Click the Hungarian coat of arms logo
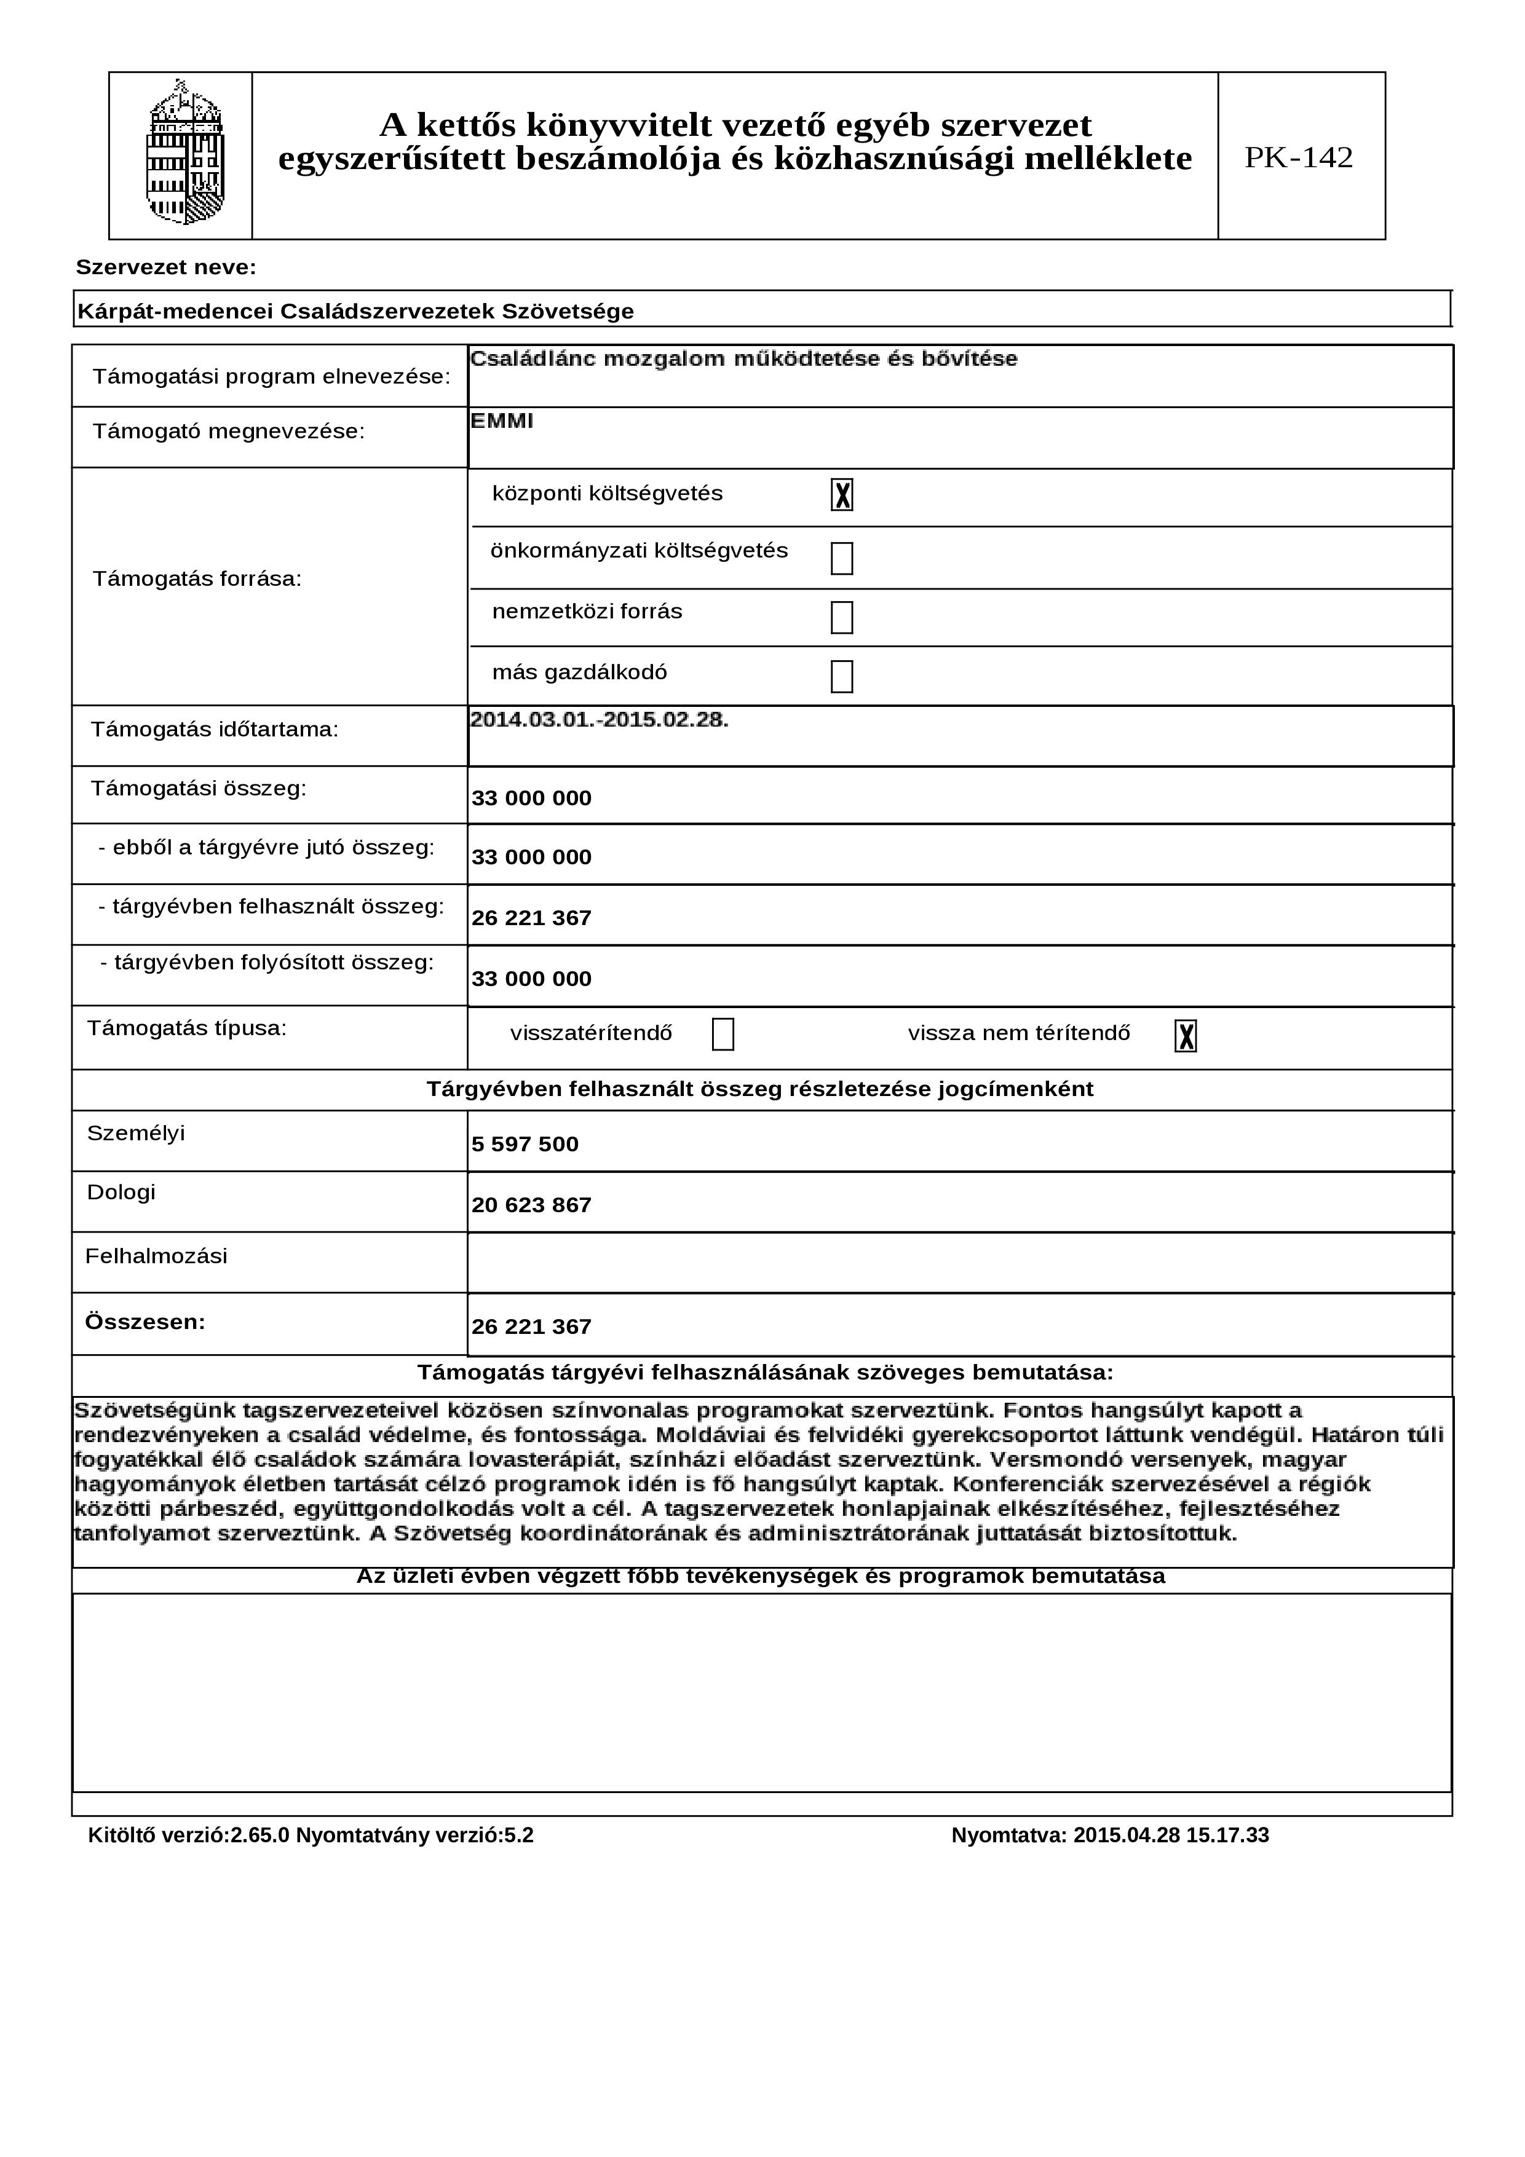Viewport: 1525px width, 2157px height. coord(184,153)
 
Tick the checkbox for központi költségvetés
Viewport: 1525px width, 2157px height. coord(841,495)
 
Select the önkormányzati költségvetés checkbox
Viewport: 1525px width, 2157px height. coord(841,558)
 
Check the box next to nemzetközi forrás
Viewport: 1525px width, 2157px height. coord(841,617)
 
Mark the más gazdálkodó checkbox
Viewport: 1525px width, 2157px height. coord(841,676)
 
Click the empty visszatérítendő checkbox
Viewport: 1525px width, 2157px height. coord(723,1035)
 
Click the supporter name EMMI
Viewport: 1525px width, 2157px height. coord(502,421)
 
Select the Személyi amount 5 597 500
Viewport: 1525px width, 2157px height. coord(525,1144)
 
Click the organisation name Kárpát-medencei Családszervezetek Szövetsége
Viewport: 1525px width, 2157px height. coord(355,311)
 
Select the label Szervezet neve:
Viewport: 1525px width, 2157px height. coord(165,268)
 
